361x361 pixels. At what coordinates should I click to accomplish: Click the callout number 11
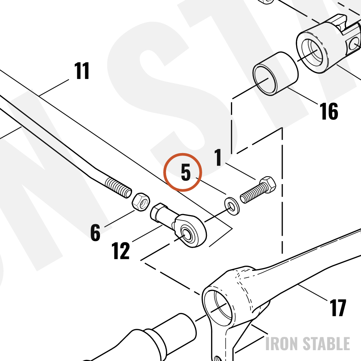click(x=82, y=71)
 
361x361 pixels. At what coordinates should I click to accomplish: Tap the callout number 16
click(x=329, y=111)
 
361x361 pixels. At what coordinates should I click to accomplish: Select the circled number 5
click(x=186, y=172)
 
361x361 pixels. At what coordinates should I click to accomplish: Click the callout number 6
click(x=95, y=232)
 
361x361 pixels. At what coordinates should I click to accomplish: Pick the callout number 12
click(x=121, y=251)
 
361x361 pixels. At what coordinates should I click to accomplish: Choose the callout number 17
click(x=338, y=308)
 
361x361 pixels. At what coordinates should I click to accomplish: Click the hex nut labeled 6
click(x=141, y=202)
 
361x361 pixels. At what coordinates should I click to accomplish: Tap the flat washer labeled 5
click(x=232, y=206)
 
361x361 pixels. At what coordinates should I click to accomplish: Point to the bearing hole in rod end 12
click(x=186, y=235)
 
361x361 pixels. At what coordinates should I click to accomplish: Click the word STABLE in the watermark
click(x=326, y=344)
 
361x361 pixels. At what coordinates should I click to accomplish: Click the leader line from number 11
click(x=54, y=88)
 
